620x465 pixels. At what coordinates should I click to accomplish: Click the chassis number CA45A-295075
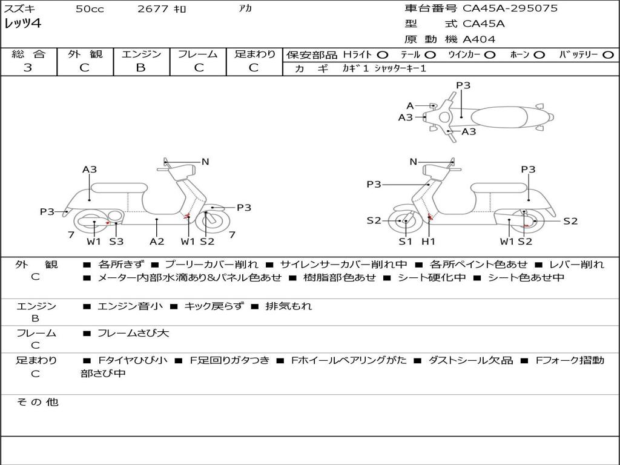tap(510, 8)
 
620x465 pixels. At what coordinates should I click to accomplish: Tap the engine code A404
tap(479, 39)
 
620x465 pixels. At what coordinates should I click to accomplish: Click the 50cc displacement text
tap(90, 9)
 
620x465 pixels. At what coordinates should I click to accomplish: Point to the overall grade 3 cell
tap(28, 68)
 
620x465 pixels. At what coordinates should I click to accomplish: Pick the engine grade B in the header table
tap(140, 68)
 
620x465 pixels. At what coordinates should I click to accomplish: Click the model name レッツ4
tap(22, 24)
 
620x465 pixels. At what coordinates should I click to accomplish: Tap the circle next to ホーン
tap(539, 54)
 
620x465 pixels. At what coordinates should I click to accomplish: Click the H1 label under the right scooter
tap(429, 242)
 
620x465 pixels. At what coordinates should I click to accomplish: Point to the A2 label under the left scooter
tap(157, 242)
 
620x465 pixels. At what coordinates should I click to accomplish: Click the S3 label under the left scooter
tap(116, 242)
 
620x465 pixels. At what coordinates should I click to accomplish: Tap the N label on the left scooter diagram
tap(205, 162)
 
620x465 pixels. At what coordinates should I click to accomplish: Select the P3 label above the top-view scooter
tap(463, 85)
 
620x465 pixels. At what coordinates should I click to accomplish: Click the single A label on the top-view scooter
tap(410, 105)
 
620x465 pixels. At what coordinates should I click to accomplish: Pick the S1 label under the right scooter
tap(405, 242)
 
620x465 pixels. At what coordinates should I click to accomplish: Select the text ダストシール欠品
tap(470, 360)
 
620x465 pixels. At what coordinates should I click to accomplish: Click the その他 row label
tap(37, 402)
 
